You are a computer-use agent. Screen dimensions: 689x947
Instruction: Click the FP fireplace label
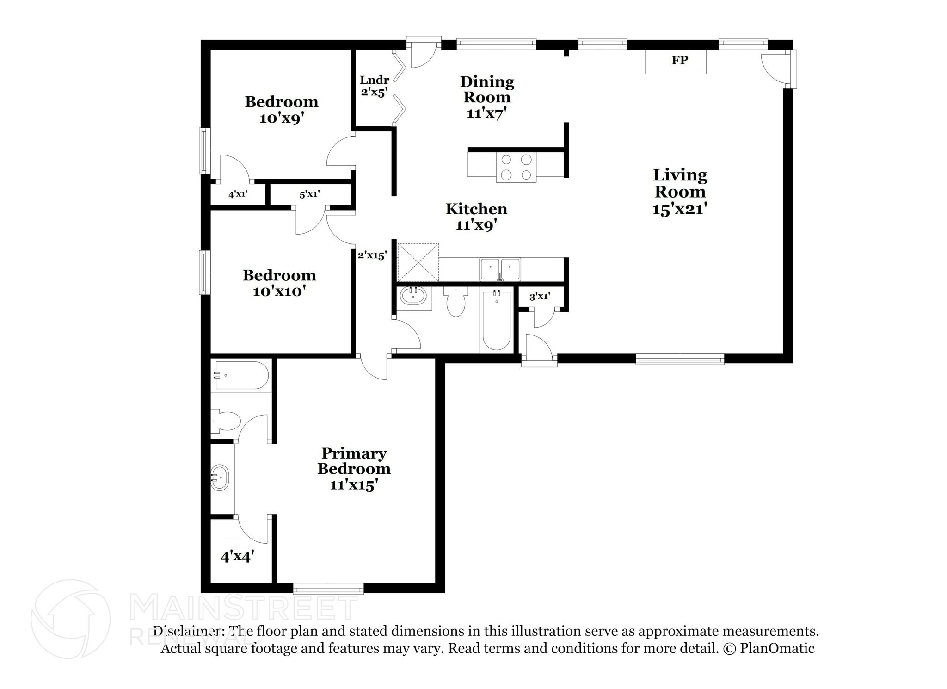[x=679, y=60]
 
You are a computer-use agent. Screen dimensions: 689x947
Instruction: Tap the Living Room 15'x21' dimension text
[x=680, y=209]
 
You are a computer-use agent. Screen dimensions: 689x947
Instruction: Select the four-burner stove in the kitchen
[x=516, y=167]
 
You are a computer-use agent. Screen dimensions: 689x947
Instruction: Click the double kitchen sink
[x=500, y=269]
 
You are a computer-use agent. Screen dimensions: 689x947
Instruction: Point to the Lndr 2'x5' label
[x=374, y=86]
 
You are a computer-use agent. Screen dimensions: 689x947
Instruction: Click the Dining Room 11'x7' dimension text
[x=487, y=113]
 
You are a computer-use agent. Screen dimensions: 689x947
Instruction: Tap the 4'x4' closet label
[x=237, y=557]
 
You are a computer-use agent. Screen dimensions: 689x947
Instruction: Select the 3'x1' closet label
[x=540, y=297]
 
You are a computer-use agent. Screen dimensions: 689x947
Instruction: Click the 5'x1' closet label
[x=309, y=194]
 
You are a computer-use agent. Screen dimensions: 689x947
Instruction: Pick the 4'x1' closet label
[x=238, y=194]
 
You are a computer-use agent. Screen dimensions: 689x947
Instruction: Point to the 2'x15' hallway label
[x=372, y=255]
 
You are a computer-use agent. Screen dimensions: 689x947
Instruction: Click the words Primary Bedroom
[x=354, y=461]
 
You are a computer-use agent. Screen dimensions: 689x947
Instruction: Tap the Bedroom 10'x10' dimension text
[x=279, y=292]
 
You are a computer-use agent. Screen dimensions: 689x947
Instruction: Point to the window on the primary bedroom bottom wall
[x=328, y=589]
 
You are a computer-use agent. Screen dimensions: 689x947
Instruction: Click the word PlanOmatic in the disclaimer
[x=777, y=648]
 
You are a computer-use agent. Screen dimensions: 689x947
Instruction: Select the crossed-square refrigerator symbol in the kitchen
[x=418, y=262]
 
